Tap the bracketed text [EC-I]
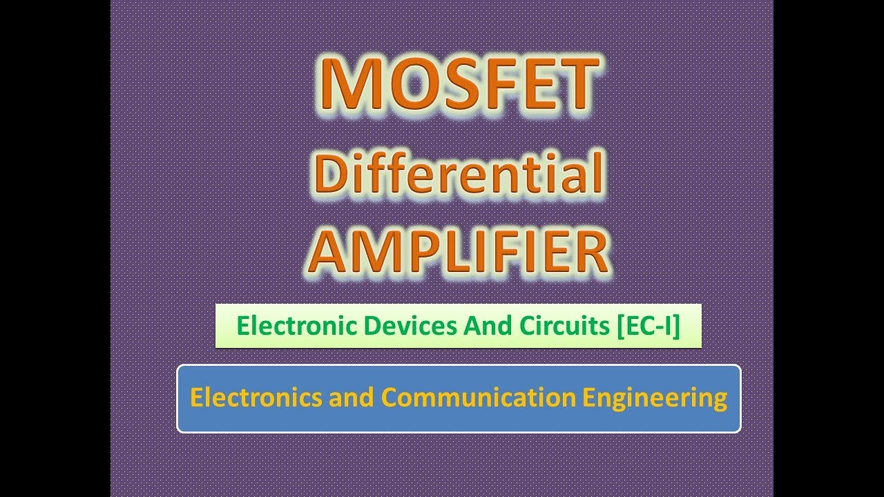tap(648, 326)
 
